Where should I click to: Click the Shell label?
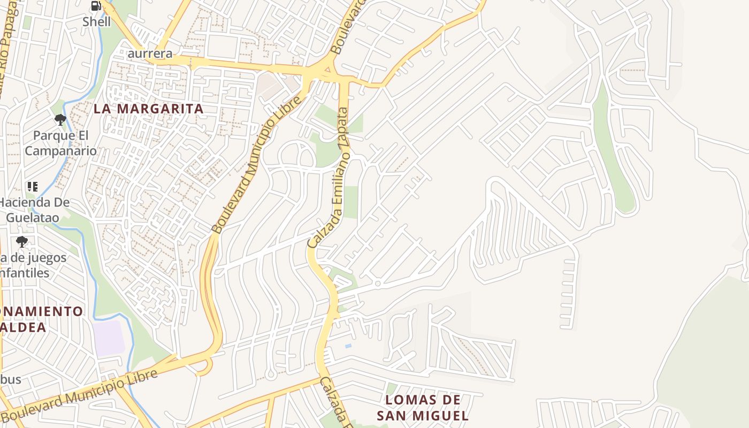click(x=96, y=22)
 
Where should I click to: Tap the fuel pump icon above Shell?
click(x=96, y=6)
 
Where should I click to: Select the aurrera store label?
click(x=150, y=53)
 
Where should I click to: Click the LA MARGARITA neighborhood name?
click(x=149, y=109)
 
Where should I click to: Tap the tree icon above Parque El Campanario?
click(x=60, y=120)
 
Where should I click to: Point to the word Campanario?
click(x=60, y=151)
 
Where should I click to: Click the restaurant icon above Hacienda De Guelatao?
click(x=33, y=187)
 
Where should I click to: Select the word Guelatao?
click(x=32, y=218)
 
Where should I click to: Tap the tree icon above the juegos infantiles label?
click(x=21, y=242)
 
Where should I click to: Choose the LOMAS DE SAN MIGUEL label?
click(x=423, y=408)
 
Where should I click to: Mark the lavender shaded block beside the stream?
click(x=109, y=338)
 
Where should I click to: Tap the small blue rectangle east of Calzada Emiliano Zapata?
click(x=348, y=346)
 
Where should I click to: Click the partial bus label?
click(x=11, y=379)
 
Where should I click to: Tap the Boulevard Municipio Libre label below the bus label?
click(x=80, y=394)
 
